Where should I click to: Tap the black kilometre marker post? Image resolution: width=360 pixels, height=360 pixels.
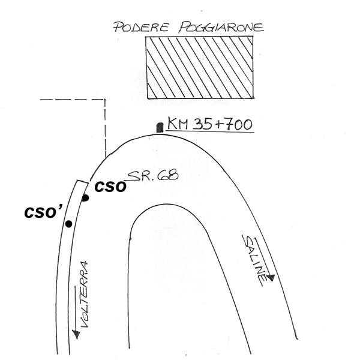click(160, 127)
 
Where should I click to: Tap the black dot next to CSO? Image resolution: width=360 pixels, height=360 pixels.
click(86, 198)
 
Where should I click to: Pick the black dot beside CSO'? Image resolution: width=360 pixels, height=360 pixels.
click(68, 224)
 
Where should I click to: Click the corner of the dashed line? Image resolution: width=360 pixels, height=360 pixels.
click(106, 98)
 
